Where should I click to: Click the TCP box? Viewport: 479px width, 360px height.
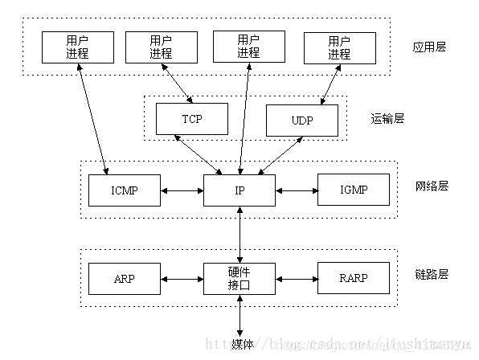[x=190, y=119]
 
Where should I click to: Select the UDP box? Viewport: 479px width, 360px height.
[x=302, y=120]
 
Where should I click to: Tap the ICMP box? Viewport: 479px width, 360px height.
[x=125, y=190]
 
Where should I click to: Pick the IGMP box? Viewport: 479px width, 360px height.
[x=353, y=190]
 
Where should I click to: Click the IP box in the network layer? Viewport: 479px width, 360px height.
[x=239, y=190]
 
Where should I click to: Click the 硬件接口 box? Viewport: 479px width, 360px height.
[x=239, y=278]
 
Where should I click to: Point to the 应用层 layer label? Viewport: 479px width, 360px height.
[x=428, y=47]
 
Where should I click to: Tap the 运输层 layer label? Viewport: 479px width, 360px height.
[x=387, y=118]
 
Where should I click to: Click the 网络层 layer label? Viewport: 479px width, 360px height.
[x=432, y=186]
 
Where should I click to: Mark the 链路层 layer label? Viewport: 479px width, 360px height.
[x=432, y=275]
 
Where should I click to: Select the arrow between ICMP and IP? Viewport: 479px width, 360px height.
[x=182, y=190]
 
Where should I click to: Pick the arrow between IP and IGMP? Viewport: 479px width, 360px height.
[x=297, y=190]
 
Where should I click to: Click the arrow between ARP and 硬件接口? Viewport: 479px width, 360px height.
[x=182, y=279]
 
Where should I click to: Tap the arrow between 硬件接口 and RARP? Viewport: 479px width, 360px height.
[x=297, y=279]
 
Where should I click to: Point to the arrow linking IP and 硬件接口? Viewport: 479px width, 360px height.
[x=239, y=234]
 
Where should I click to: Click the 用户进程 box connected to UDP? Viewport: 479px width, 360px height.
[x=339, y=47]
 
